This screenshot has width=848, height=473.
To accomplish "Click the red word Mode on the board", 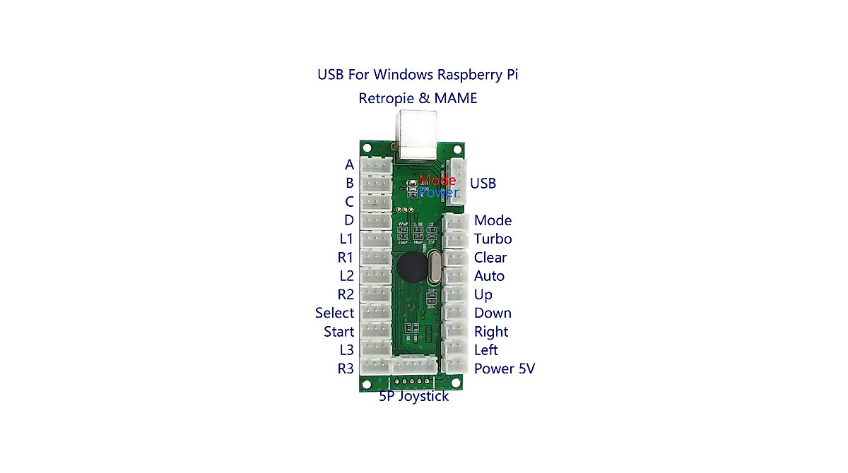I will click(x=437, y=181).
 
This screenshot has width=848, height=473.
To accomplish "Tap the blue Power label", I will click(x=438, y=192).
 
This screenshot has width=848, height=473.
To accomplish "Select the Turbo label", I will click(x=493, y=239).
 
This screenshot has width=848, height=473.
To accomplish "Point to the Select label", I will click(x=334, y=313).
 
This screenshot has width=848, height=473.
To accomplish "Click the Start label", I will click(x=338, y=331).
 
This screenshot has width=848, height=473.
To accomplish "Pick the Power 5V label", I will click(x=504, y=369).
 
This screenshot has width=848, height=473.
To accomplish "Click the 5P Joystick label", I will click(x=413, y=397).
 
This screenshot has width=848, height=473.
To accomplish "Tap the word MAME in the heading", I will click(x=456, y=98).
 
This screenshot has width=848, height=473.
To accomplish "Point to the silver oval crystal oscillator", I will click(x=433, y=270).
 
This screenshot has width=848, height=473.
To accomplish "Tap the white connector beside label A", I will click(x=376, y=165).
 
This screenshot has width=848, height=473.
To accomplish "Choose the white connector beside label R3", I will click(x=376, y=366).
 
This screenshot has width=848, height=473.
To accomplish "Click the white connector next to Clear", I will click(x=456, y=258).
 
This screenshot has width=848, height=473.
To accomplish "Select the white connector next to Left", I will click(x=456, y=349).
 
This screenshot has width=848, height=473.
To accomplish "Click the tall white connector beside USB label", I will click(x=458, y=183).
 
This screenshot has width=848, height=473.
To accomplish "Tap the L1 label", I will click(x=346, y=239).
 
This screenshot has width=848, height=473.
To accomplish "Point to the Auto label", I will click(x=489, y=276).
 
